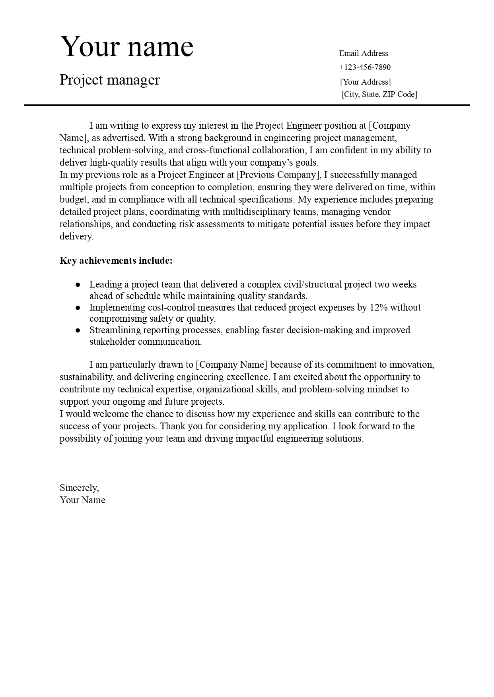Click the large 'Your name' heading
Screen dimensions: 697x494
(x=126, y=46)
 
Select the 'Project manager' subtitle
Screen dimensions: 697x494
(x=109, y=80)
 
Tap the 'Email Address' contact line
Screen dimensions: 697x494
(x=364, y=53)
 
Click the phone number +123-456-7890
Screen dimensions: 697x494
(x=365, y=67)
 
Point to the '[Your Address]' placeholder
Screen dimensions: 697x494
(x=365, y=82)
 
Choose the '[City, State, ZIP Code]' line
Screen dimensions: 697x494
(x=379, y=94)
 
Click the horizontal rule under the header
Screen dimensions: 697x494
(x=247, y=105)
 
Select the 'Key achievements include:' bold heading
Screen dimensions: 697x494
(x=116, y=261)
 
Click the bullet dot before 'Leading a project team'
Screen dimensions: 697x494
(x=78, y=285)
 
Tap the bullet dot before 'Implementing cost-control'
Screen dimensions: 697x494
(x=78, y=307)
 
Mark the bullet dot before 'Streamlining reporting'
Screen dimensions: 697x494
(x=78, y=330)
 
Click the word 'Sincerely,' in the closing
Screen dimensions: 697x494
(x=79, y=488)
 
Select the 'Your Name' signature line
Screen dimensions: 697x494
(x=82, y=500)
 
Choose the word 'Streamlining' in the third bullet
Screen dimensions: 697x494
(x=115, y=330)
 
